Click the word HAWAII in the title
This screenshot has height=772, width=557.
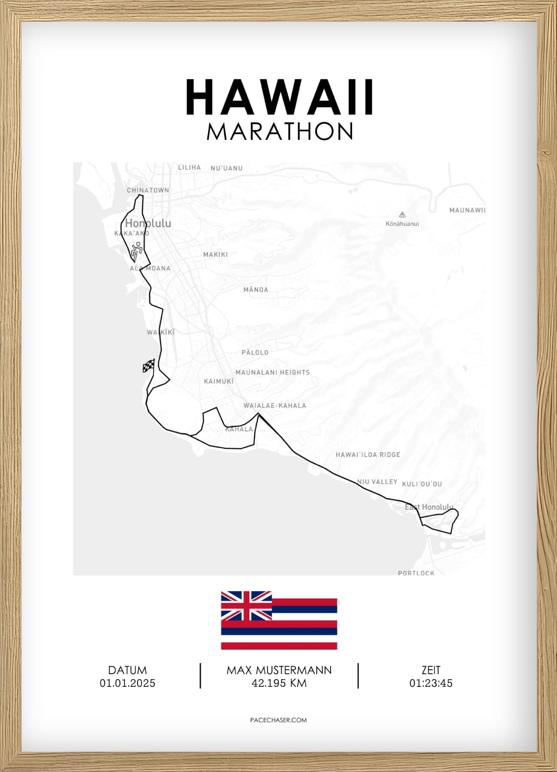(279, 97)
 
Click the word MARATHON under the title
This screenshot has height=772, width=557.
(280, 132)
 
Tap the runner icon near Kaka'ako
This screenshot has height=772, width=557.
(136, 252)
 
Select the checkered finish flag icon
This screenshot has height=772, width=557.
(148, 366)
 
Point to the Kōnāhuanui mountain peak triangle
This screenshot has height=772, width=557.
(402, 215)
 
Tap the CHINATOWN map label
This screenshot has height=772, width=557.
(148, 190)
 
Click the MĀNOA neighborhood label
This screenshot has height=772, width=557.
(256, 290)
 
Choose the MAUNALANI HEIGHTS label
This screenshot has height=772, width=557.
(273, 372)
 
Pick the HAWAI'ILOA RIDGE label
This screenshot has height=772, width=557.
(368, 455)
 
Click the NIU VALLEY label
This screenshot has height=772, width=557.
(377, 481)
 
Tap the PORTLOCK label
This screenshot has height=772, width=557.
(416, 573)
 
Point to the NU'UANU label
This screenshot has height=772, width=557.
(226, 168)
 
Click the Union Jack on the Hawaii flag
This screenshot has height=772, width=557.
(246, 606)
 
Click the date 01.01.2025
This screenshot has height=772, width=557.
(127, 683)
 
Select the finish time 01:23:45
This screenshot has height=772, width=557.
(431, 683)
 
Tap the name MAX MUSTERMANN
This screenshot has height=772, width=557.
(279, 670)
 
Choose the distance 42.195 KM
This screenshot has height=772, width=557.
(279, 683)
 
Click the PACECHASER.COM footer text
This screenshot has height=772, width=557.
(278, 720)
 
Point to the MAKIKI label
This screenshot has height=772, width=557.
(215, 254)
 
